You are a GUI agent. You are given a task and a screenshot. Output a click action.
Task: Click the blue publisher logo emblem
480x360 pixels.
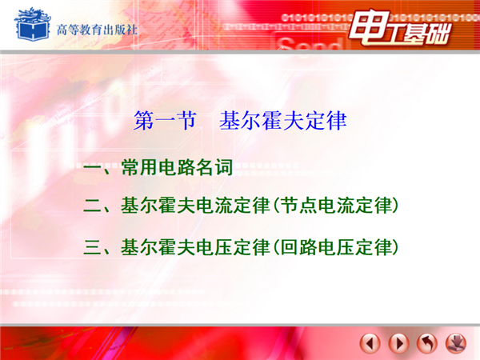pyautogui.click(x=32, y=24)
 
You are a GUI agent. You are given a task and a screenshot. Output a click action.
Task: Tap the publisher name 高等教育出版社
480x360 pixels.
pyautogui.click(x=97, y=30)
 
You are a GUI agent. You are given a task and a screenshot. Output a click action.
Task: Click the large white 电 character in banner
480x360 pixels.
pyautogui.click(x=370, y=27)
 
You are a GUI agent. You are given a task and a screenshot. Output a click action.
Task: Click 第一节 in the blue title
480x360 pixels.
pyautogui.click(x=165, y=120)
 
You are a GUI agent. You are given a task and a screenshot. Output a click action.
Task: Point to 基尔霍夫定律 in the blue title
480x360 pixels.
pyautogui.click(x=283, y=120)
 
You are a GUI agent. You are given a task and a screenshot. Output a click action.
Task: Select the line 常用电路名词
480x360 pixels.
pyautogui.click(x=177, y=167)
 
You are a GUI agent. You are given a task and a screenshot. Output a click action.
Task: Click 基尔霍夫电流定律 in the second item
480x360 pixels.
pyautogui.click(x=195, y=206)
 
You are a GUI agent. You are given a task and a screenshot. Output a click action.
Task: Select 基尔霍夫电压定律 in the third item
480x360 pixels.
pyautogui.click(x=195, y=247)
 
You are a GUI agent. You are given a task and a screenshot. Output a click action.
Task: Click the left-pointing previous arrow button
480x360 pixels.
pyautogui.click(x=370, y=343)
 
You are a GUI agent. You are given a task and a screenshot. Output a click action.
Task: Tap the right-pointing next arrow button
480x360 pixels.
pyautogui.click(x=398, y=343)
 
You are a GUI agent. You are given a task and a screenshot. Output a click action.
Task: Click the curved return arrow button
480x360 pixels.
pyautogui.click(x=427, y=343)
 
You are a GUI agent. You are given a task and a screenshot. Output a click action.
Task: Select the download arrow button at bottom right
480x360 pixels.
pyautogui.click(x=456, y=343)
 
